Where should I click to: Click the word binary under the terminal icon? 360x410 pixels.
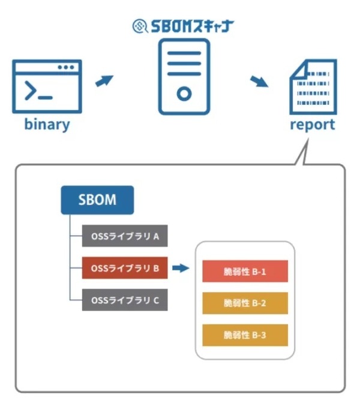[47, 125]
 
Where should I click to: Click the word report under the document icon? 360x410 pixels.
[312, 125]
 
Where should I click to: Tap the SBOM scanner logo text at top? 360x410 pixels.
[191, 27]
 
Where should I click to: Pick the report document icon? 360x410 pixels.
[312, 86]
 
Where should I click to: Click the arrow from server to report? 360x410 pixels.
[259, 81]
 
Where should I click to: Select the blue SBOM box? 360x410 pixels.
[97, 200]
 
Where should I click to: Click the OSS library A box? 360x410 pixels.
[125, 236]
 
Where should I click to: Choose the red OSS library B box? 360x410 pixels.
[125, 268]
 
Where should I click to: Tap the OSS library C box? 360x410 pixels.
[125, 300]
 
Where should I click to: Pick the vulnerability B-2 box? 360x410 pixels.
[245, 303]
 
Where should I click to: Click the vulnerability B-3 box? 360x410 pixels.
[245, 335]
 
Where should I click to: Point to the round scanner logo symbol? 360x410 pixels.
[139, 27]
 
